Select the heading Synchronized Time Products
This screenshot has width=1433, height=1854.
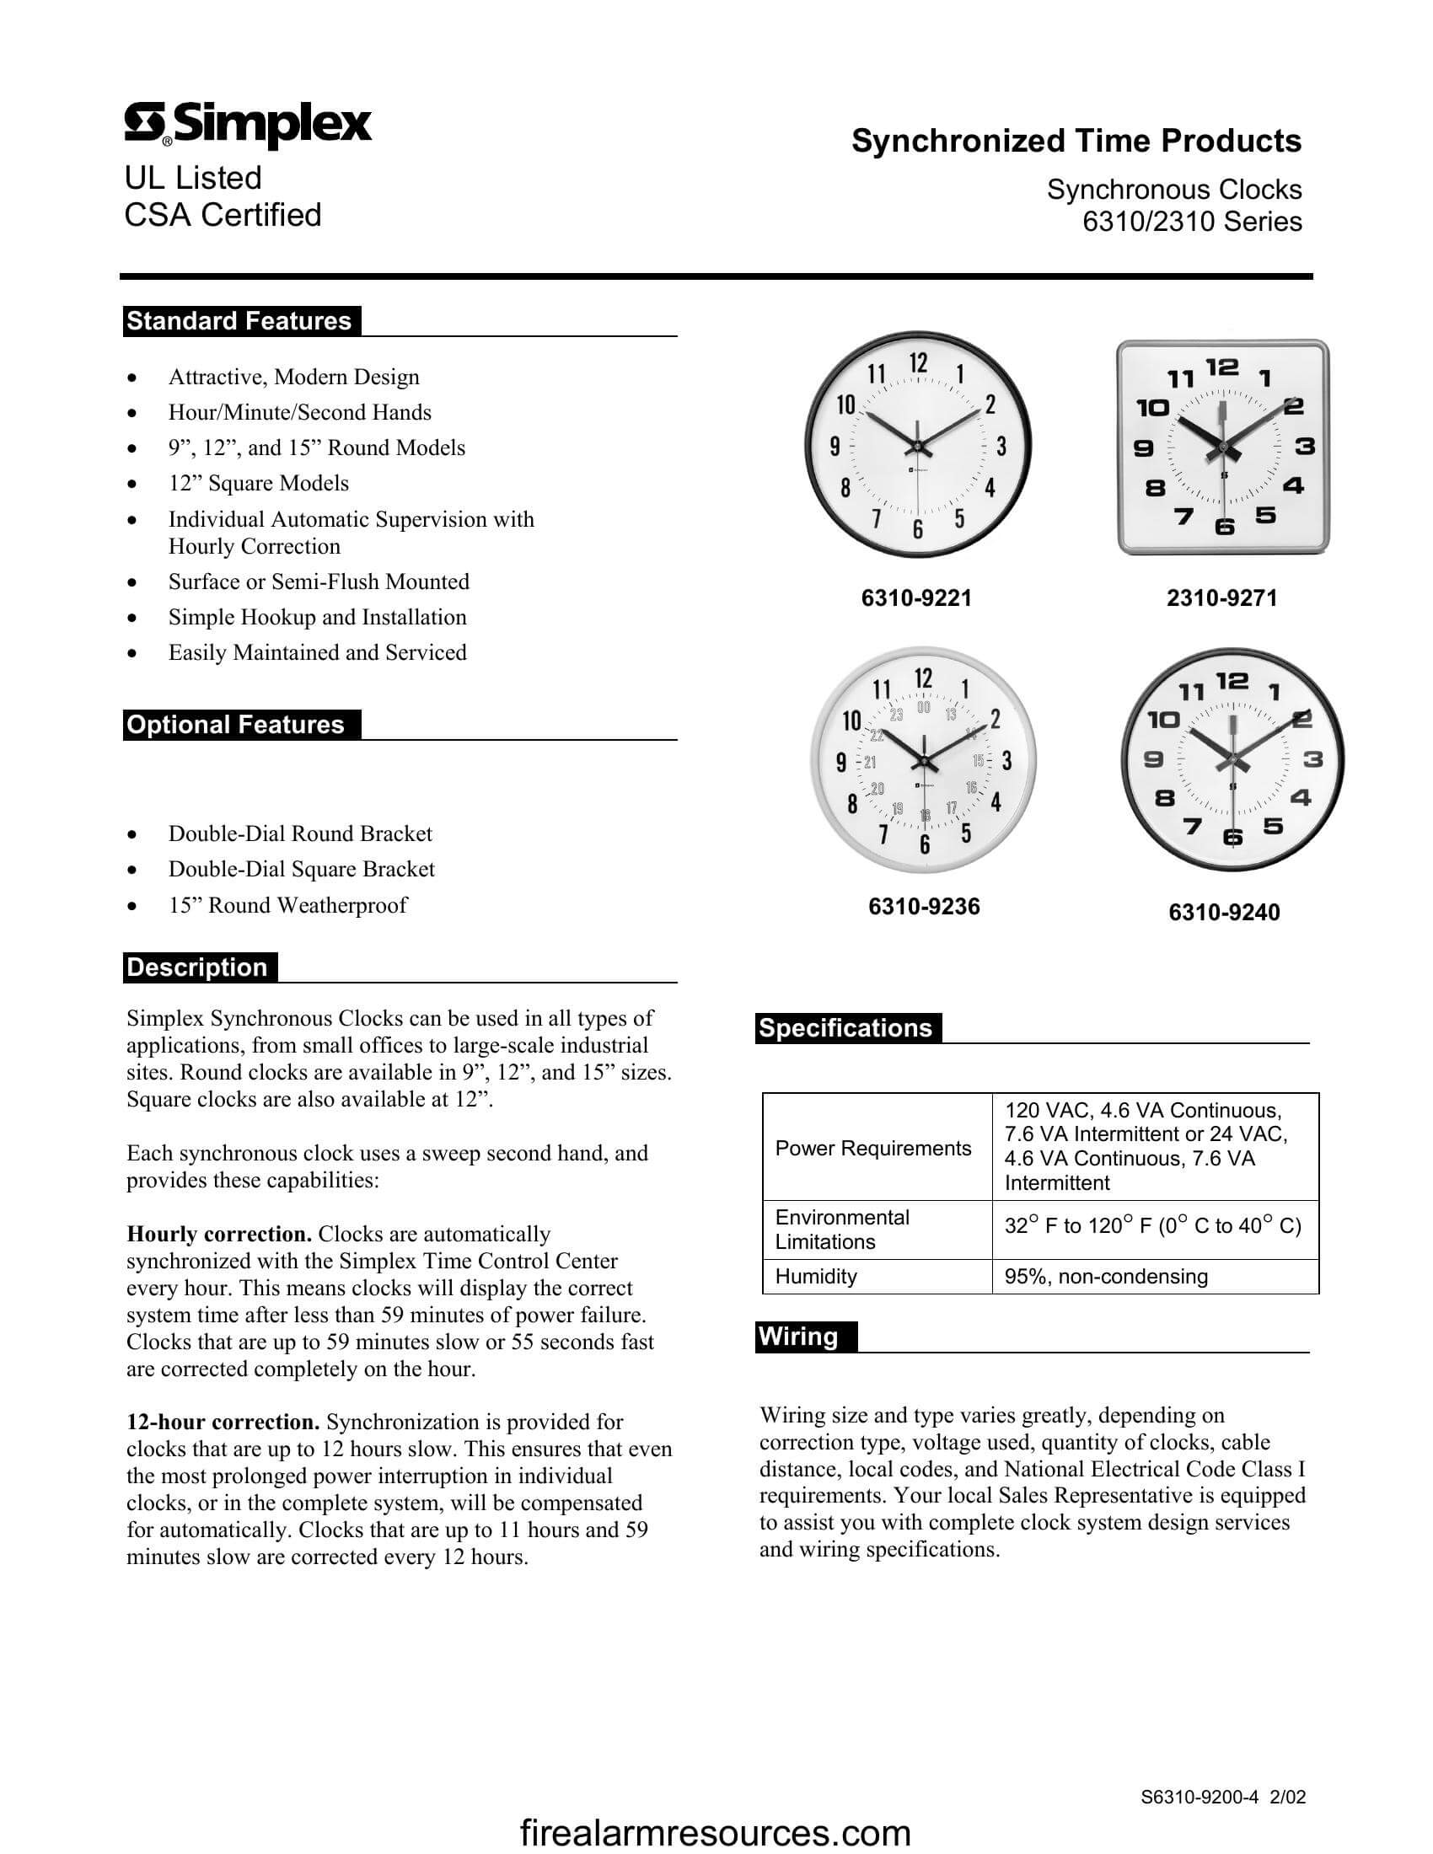[1076, 141]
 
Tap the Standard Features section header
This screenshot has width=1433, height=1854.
[239, 321]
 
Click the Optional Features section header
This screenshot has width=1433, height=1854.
[236, 724]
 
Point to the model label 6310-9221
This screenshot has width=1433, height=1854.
[916, 597]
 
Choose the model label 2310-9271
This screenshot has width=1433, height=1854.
[1221, 597]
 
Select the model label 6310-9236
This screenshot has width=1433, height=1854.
[924, 907]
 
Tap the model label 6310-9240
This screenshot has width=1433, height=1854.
[1223, 913]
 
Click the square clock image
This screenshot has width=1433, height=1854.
[1222, 447]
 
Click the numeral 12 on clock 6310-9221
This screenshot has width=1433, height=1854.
[919, 363]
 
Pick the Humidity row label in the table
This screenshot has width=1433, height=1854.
[816, 1276]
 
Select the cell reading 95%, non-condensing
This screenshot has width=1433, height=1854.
[1105, 1276]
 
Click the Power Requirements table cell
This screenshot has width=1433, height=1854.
[872, 1148]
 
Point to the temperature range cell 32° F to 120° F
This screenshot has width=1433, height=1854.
[1152, 1226]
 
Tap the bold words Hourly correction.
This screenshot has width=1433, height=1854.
[219, 1234]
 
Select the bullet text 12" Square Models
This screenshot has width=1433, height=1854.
[258, 483]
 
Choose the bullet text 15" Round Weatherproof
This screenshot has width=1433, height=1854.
[287, 905]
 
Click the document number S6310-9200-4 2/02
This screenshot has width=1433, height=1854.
[1222, 1797]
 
